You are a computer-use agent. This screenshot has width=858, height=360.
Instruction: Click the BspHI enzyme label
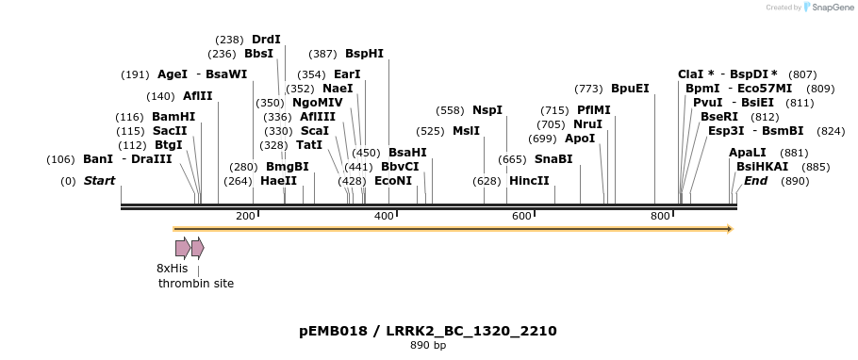pos(364,54)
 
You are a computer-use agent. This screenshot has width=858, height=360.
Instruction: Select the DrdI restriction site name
pos(266,40)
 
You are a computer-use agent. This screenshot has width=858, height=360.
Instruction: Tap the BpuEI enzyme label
pos(630,89)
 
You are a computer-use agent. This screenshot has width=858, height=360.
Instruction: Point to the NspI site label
pos(487,110)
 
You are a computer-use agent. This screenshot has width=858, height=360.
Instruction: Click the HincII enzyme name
pos(529,181)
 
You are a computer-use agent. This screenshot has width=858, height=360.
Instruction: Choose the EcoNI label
pos(393,181)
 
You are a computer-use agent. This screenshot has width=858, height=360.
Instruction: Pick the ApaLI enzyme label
pos(748,153)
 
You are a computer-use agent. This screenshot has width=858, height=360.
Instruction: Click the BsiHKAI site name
pos(757,167)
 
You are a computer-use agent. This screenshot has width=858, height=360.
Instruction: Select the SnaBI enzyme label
pos(553,159)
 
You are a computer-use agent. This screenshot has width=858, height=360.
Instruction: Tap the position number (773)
pos(588,89)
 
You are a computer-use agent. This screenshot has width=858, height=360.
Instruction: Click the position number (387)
pos(322,54)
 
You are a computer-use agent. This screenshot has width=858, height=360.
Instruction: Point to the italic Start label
pos(100,181)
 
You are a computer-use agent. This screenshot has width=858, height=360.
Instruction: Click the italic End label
pos(755,181)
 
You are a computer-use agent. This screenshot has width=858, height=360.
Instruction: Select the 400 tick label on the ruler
pos(384,217)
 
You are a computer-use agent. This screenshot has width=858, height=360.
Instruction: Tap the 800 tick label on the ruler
pos(660,217)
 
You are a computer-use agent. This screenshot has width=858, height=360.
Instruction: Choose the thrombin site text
pos(196,284)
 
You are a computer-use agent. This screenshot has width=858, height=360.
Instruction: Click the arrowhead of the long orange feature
pos(730,229)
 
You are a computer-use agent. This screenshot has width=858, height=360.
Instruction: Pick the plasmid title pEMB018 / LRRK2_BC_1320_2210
pos(428,331)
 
